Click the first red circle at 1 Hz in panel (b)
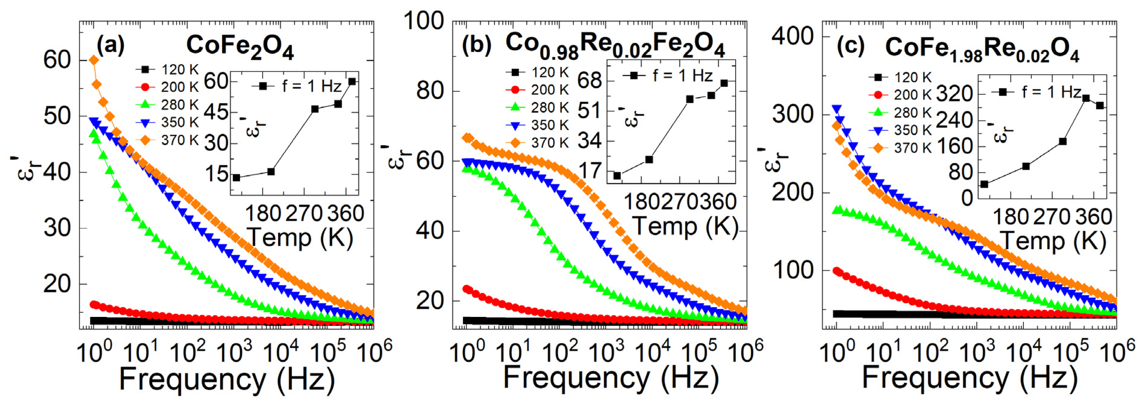coord(467,289)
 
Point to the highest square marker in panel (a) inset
coord(352,81)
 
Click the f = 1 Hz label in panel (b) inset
coord(682,76)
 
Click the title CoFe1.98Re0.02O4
coord(982,49)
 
